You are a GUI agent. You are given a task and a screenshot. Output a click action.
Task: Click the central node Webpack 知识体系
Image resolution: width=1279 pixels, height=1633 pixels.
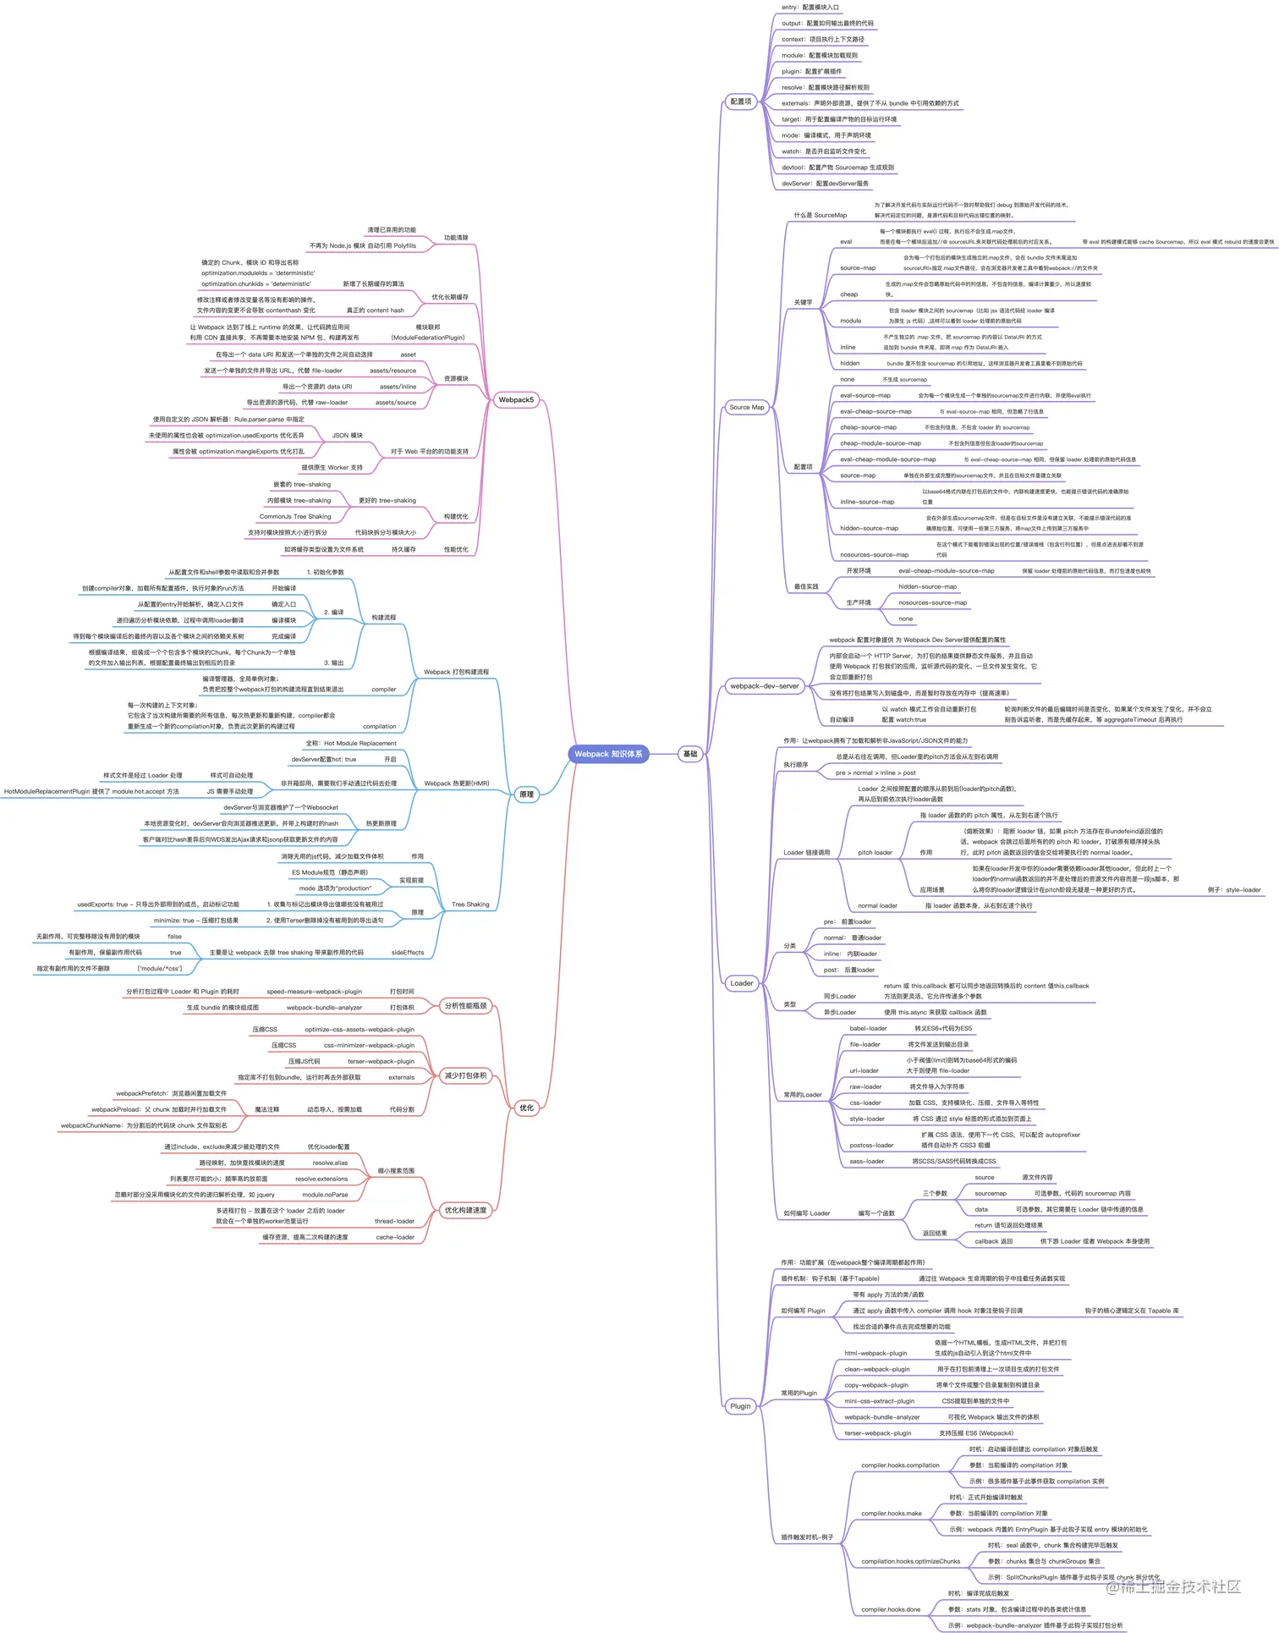click(x=608, y=754)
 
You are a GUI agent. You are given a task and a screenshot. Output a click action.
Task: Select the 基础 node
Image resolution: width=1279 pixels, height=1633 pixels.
click(x=690, y=754)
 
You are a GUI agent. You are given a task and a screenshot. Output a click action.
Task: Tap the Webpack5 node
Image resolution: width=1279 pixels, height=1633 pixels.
click(x=515, y=399)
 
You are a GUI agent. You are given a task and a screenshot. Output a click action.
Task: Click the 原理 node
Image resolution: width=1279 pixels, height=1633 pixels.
click(x=526, y=795)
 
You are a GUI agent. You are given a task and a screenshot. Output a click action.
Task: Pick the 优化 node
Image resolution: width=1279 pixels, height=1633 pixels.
click(x=526, y=1108)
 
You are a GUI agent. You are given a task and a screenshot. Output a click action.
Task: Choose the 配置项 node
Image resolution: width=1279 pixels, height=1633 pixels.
click(x=740, y=102)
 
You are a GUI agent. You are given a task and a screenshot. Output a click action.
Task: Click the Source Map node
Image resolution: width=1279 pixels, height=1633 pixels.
click(x=746, y=407)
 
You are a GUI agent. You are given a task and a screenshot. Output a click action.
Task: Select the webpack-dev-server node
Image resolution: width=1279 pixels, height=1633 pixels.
click(x=764, y=686)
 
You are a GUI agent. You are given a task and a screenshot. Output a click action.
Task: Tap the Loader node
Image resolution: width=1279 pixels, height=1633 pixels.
click(x=741, y=983)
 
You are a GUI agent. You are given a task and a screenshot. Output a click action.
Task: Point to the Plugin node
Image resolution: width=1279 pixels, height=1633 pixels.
click(x=740, y=1406)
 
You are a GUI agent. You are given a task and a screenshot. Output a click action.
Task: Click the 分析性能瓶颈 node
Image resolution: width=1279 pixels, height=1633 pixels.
click(x=465, y=1006)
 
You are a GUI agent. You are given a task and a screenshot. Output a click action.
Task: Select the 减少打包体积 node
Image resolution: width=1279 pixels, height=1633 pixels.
click(x=465, y=1076)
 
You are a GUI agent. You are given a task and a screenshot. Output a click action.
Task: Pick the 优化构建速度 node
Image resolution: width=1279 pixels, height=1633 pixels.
click(x=465, y=1211)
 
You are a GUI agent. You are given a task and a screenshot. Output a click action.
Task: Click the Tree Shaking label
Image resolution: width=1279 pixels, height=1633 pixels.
click(x=470, y=904)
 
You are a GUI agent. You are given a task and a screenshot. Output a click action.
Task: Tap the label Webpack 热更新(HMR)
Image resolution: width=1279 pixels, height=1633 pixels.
click(x=456, y=784)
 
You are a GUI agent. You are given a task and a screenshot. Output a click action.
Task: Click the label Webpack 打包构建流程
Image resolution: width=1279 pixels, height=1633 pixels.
click(x=456, y=672)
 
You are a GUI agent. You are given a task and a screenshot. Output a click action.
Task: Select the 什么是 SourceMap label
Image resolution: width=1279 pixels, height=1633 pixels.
click(x=820, y=215)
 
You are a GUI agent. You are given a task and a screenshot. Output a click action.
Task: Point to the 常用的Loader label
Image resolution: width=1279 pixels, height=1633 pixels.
click(x=802, y=1095)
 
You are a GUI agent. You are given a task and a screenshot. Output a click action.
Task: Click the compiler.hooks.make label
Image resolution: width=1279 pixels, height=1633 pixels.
click(x=891, y=1514)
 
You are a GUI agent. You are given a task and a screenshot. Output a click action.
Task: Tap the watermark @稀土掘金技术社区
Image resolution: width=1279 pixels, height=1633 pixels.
click(x=1173, y=1587)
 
